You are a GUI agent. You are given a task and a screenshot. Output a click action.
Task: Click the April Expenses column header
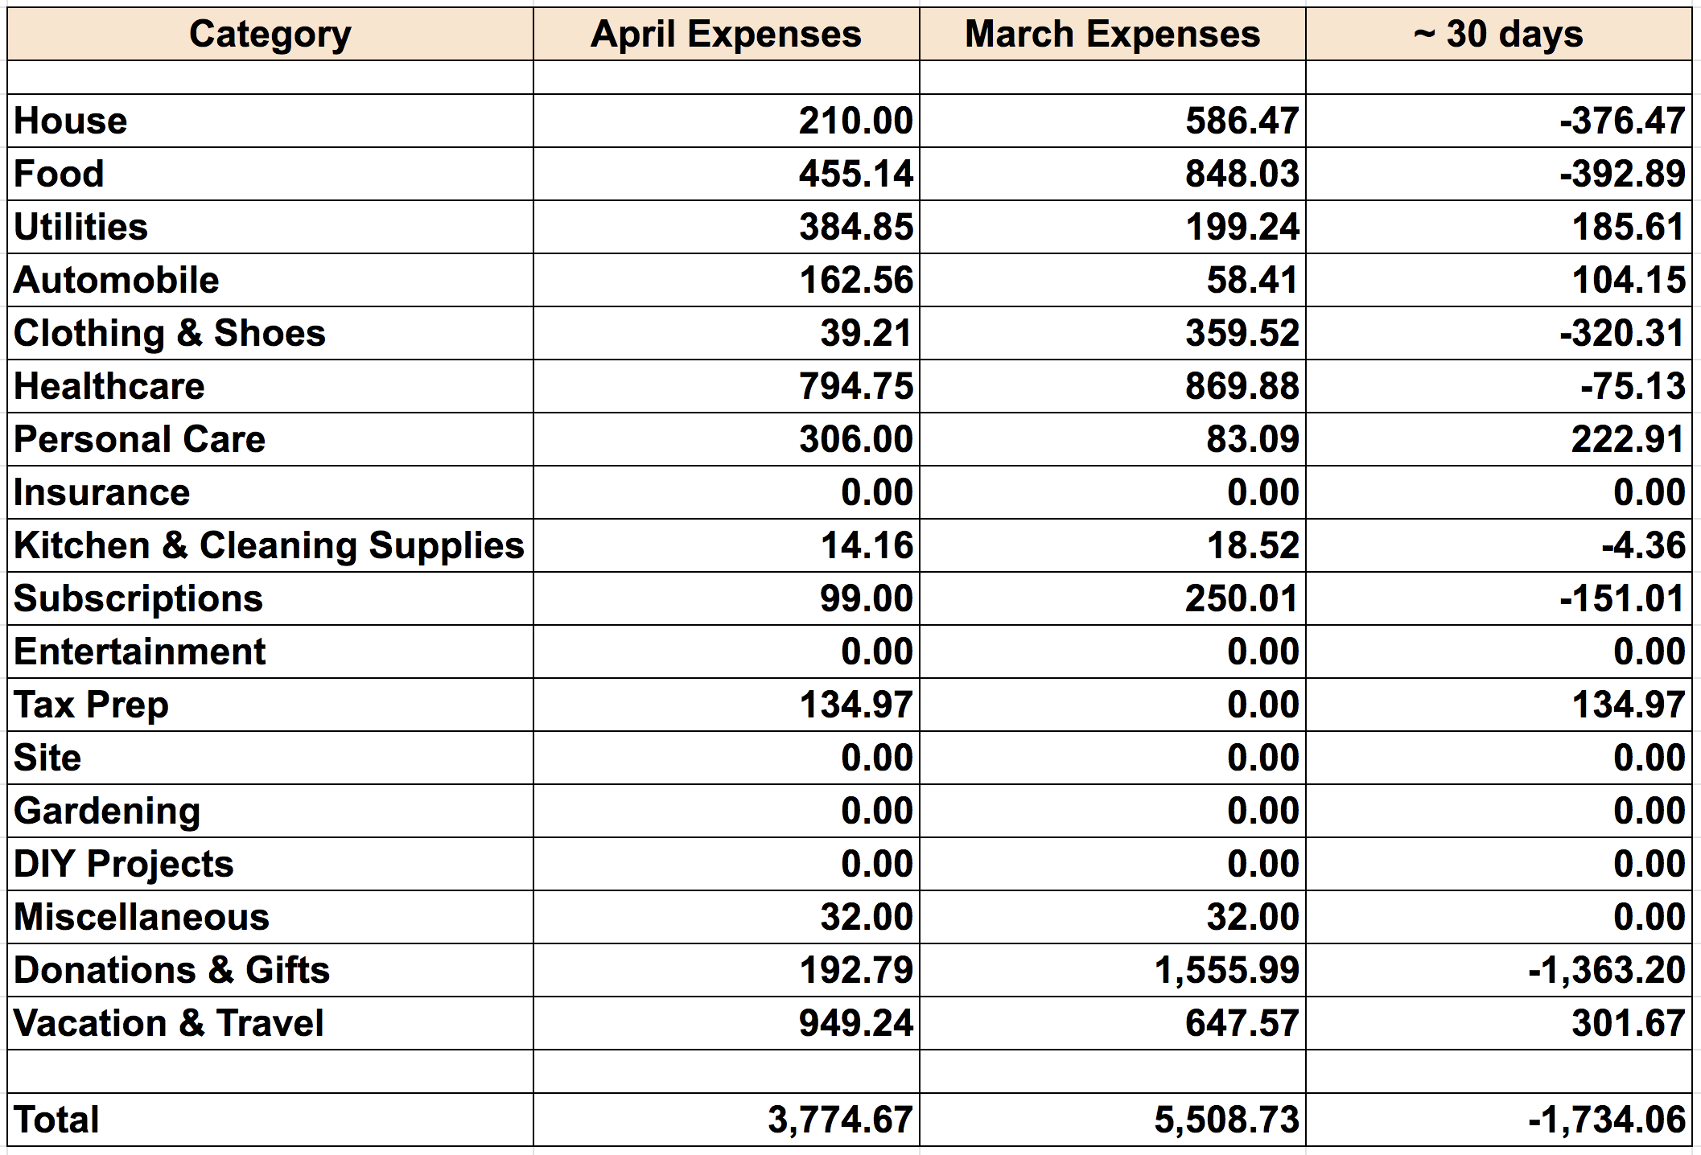click(x=726, y=35)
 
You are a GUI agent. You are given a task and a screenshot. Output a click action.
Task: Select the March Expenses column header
click(x=1112, y=35)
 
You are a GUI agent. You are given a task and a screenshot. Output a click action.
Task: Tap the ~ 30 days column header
click(x=1498, y=35)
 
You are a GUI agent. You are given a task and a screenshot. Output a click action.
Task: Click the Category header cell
click(x=270, y=35)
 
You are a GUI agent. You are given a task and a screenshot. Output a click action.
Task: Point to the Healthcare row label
click(x=109, y=386)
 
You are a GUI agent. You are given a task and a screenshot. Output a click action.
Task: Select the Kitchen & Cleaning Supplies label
click(x=269, y=545)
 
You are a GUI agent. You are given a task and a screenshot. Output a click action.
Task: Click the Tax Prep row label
click(x=91, y=705)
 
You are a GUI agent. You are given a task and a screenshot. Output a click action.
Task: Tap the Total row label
click(x=56, y=1120)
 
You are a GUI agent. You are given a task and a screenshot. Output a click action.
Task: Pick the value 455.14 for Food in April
click(x=856, y=174)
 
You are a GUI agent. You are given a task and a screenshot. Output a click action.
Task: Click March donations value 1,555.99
click(x=1226, y=970)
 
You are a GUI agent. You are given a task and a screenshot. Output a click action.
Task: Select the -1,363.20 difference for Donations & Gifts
click(x=1606, y=970)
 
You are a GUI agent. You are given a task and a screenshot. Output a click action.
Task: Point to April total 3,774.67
click(x=840, y=1120)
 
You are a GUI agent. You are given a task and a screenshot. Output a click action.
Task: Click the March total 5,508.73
click(x=1226, y=1120)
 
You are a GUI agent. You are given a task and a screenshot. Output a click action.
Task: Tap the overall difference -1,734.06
click(x=1606, y=1120)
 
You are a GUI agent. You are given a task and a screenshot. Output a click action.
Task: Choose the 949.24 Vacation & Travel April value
click(x=856, y=1023)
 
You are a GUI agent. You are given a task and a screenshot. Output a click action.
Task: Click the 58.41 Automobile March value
click(x=1252, y=280)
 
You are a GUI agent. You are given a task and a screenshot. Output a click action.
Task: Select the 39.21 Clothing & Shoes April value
click(x=866, y=333)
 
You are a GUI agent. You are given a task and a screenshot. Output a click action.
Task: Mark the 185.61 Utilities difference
click(x=1628, y=227)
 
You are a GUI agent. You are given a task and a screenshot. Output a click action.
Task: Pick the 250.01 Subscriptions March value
click(x=1242, y=598)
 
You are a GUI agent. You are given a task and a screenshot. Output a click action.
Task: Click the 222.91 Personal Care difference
click(x=1628, y=439)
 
